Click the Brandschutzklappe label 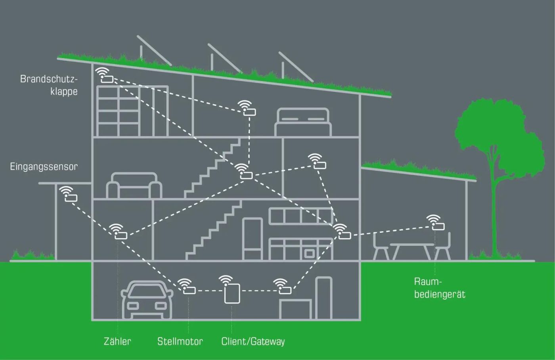click(x=49, y=85)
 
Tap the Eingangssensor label click(x=44, y=167)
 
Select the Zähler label click(x=117, y=341)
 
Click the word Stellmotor click(x=180, y=341)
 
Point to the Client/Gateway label click(x=253, y=341)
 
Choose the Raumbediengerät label click(x=440, y=288)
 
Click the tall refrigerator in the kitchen click(x=252, y=239)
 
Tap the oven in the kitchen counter click(x=309, y=253)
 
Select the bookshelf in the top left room click(x=132, y=111)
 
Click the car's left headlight click(x=133, y=306)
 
